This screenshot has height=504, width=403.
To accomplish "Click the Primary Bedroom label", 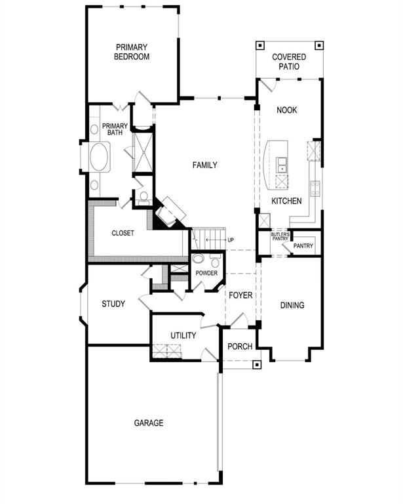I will point(132,52).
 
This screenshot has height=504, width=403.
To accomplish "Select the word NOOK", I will point(286,110).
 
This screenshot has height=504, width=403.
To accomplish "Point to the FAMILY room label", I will point(204,165).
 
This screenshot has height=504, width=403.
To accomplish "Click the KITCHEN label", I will point(286,201).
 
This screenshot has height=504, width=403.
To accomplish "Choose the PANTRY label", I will point(303,247).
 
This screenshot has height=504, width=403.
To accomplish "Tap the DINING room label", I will point(292,305).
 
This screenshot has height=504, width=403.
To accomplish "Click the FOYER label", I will point(240,295).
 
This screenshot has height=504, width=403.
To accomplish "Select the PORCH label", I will point(240,346).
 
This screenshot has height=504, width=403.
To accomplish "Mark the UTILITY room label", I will point(183,335).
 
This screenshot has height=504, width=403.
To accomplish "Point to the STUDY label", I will point(113,304).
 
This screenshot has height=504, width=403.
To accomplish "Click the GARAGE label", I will point(149,423).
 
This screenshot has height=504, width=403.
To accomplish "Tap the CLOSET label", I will point(123,233).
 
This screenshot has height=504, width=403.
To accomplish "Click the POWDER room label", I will point(206,273).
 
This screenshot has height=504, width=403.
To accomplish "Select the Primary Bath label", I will point(115,129).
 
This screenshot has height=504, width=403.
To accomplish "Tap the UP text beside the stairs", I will point(231,240).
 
